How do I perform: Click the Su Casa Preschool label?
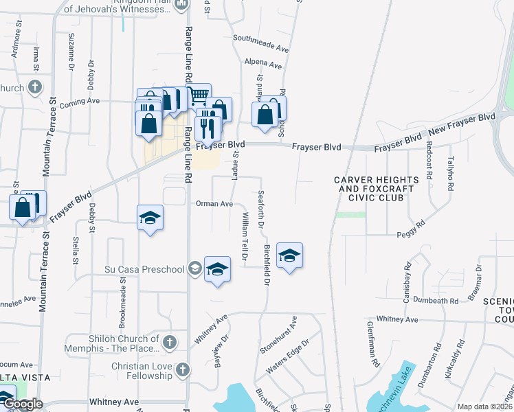(x=144, y=268)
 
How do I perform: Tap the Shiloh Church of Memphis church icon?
(x=169, y=341)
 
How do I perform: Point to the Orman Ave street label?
(x=214, y=204)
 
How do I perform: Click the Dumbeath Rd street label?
(x=436, y=301)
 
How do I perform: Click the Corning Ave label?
(x=80, y=102)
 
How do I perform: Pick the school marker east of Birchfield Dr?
(x=289, y=256)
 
